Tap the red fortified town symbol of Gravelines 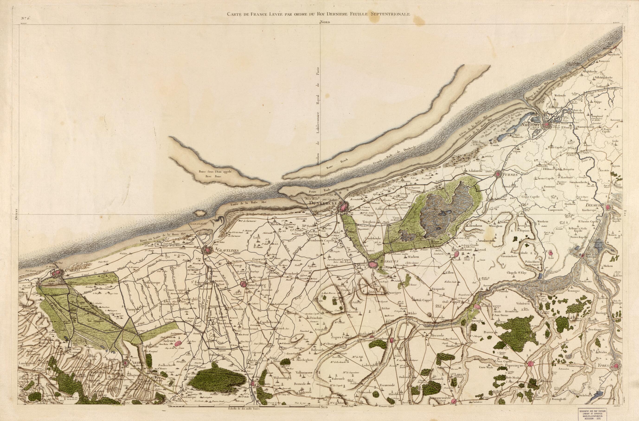point(207,250)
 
